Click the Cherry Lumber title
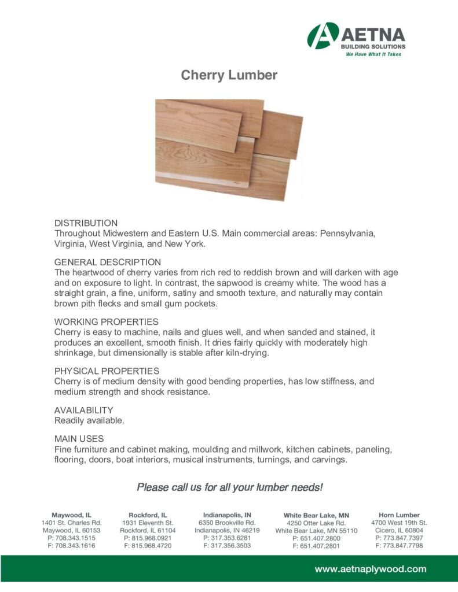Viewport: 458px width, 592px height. coord(229,75)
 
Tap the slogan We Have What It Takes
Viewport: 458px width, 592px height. coord(373,54)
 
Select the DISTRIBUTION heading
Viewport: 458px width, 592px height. coord(86,223)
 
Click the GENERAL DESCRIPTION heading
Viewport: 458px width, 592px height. coord(108,262)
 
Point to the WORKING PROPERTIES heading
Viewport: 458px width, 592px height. coord(107,321)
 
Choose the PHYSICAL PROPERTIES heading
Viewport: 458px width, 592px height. coord(107,371)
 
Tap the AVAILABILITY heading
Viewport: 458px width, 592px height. coord(84,410)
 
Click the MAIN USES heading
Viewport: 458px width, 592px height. coord(79,439)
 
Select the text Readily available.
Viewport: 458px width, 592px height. coord(89,420)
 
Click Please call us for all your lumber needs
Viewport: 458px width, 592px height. coord(229,487)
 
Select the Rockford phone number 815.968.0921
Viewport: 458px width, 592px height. coord(148,538)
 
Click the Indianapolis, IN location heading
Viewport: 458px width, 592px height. coord(227,514)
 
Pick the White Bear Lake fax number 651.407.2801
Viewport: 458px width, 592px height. coord(316,546)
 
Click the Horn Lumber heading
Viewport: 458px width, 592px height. coord(399,515)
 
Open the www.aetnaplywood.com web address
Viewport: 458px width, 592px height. coord(370,569)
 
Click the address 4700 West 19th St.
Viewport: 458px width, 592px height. coord(399,523)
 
